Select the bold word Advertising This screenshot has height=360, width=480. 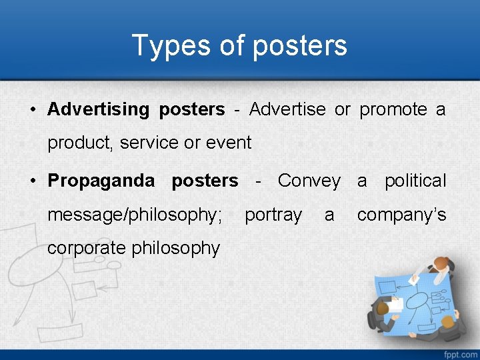point(99,109)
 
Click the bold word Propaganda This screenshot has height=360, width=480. point(101,181)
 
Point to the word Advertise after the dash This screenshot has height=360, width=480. point(287,109)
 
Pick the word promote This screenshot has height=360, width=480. point(393,109)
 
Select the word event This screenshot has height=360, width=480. point(229,143)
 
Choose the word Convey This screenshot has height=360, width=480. point(309,181)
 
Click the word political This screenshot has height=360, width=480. point(415,181)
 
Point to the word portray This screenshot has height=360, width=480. point(273,215)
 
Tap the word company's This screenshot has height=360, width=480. point(401,215)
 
